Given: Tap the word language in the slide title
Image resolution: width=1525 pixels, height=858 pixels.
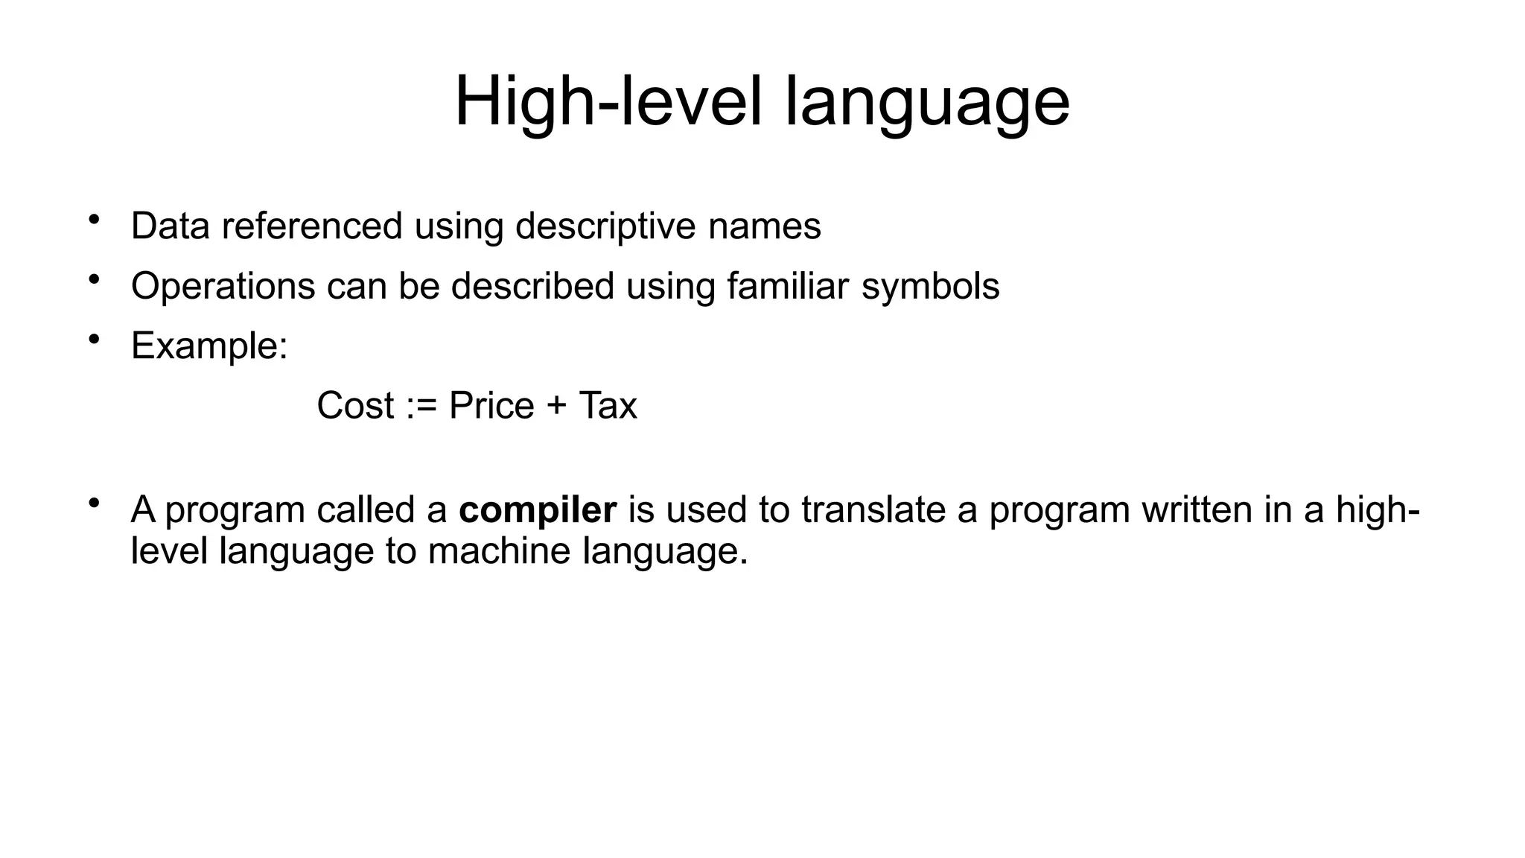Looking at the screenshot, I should click(927, 104).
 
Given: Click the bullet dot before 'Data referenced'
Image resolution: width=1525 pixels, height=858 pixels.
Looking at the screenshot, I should click(94, 220).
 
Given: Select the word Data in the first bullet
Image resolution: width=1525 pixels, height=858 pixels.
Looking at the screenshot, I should click(171, 226).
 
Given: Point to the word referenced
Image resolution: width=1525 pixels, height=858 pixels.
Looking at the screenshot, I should click(312, 226).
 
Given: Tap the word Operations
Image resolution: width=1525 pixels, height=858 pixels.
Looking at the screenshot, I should click(223, 287).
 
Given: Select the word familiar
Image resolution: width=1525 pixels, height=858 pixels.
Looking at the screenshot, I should click(787, 286).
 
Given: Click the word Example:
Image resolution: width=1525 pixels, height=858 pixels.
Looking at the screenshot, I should click(209, 346).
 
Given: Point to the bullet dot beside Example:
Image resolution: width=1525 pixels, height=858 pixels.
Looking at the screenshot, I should click(94, 340).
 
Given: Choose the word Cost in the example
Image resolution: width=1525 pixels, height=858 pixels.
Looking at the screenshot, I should click(355, 406).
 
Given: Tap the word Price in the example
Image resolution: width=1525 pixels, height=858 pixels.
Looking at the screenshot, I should click(491, 406).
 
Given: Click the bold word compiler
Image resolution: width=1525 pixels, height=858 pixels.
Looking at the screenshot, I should click(538, 510).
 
